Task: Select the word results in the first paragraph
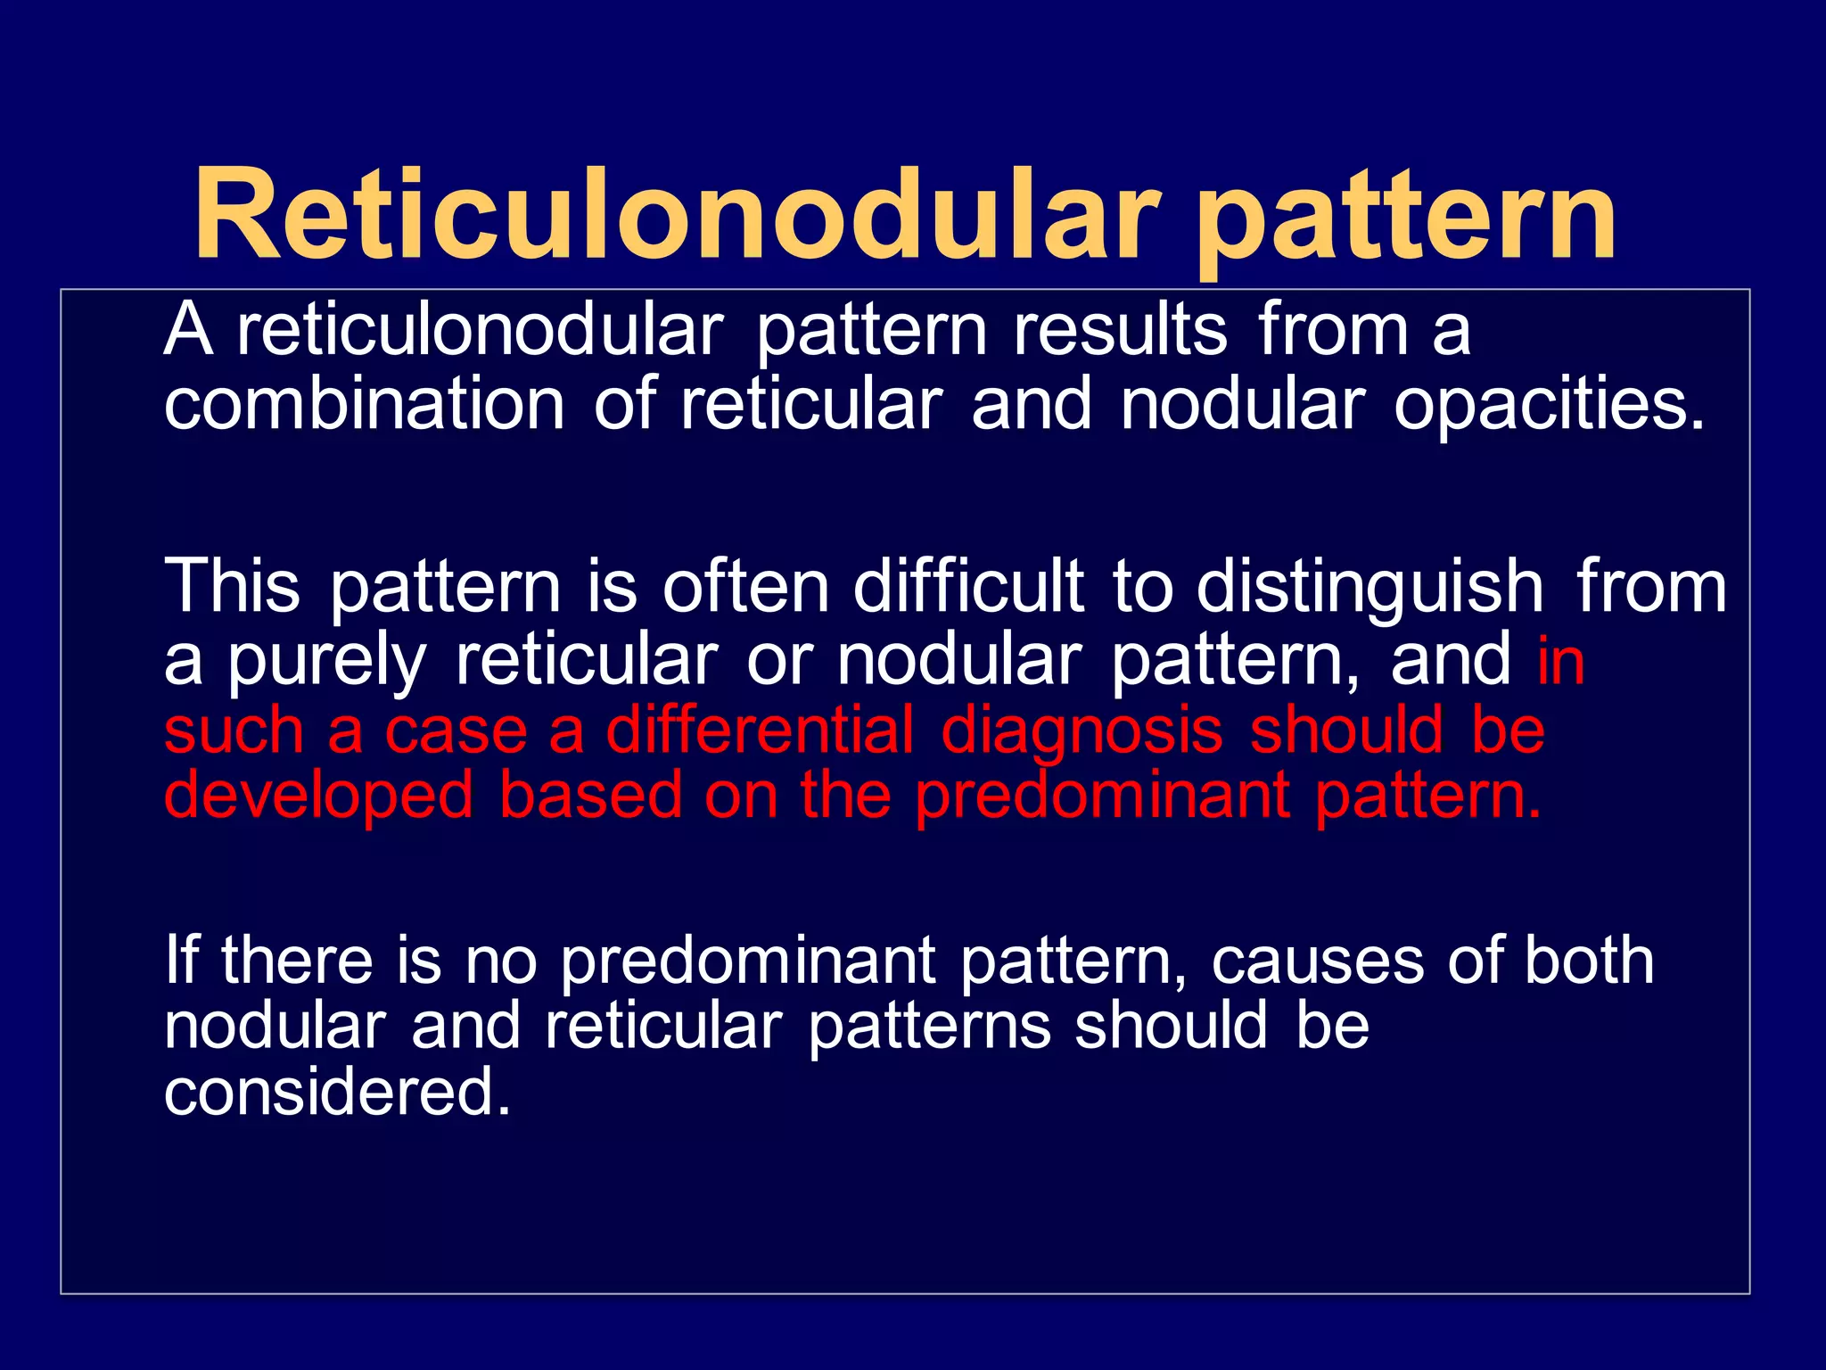pos(1120,329)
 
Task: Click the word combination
pos(364,404)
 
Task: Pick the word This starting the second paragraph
pos(232,586)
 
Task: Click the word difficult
pos(968,586)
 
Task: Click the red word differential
pos(760,730)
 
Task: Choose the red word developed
pos(318,797)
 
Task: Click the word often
pos(745,586)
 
